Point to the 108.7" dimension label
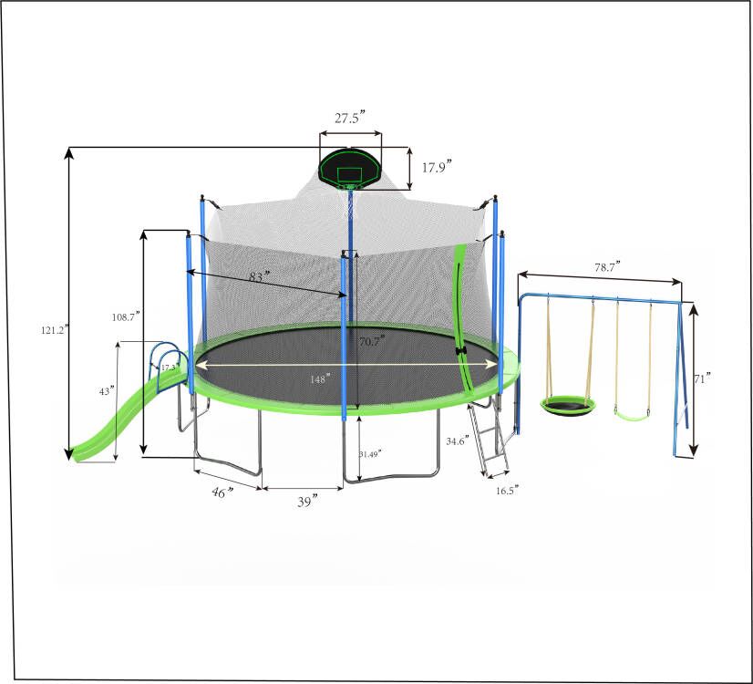point(125,316)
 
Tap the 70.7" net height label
point(370,340)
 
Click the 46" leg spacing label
point(222,492)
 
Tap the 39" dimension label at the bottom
point(306,502)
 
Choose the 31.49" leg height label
point(370,453)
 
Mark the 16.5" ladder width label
point(507,491)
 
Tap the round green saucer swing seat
point(568,404)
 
